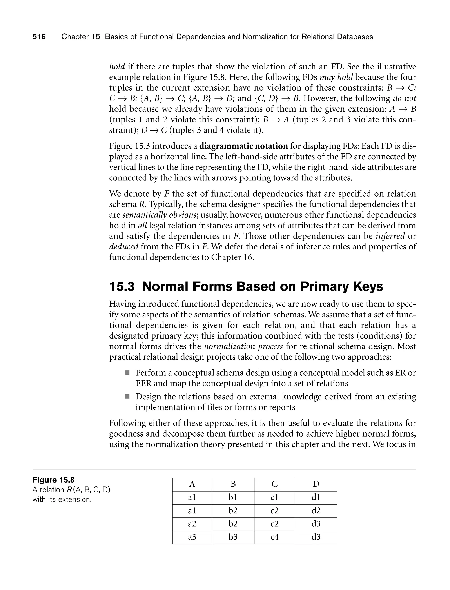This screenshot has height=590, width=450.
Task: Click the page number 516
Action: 39,37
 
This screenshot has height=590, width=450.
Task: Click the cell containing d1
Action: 316,497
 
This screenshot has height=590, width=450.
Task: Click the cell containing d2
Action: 316,510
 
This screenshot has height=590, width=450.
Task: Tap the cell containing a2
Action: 192,524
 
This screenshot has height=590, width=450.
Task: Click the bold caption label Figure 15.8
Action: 53,480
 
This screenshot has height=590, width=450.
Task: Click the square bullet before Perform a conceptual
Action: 127,372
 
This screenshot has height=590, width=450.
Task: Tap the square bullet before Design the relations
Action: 127,396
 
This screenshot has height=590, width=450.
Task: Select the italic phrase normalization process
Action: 243,346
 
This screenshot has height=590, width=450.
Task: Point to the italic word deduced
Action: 123,246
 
